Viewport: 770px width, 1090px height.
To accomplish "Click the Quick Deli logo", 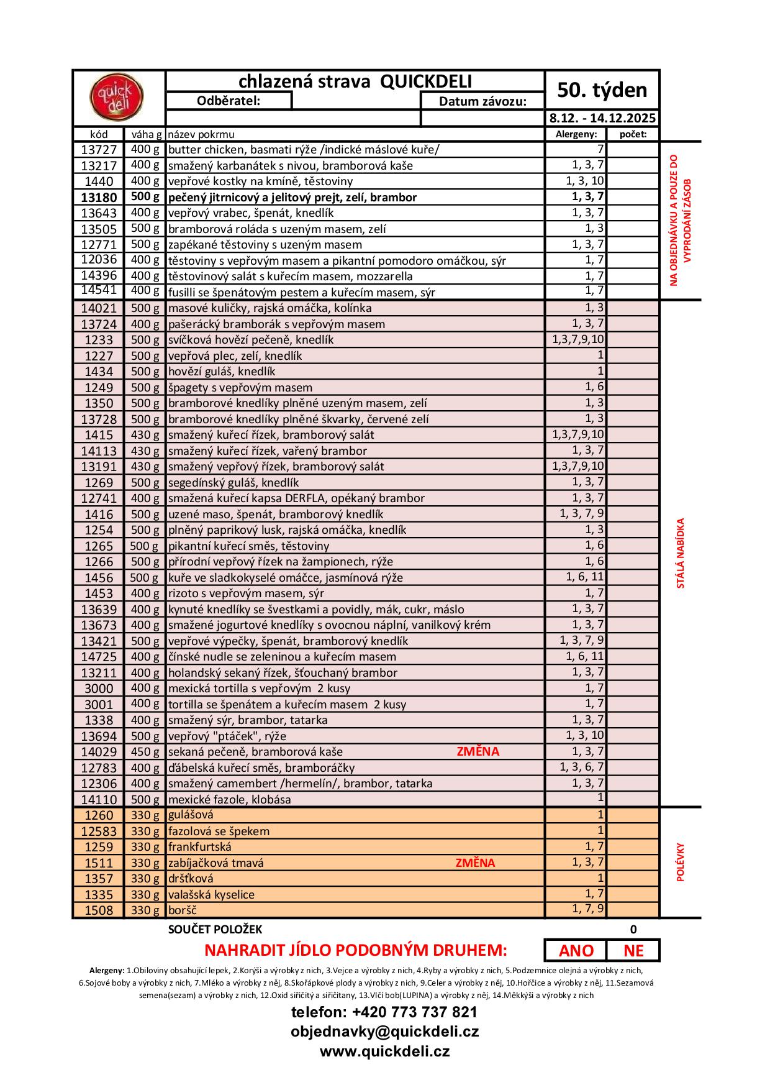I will (x=117, y=98).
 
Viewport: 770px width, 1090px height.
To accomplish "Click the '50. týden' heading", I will (x=602, y=90).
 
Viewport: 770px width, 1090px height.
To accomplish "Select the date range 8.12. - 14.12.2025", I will (x=602, y=118).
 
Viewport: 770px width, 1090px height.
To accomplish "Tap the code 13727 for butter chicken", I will (x=99, y=150).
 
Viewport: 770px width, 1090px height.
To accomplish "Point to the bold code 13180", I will (x=99, y=198).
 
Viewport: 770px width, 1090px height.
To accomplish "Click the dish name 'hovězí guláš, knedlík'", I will (x=222, y=372).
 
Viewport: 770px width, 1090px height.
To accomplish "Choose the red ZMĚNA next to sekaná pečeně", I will (x=478, y=751).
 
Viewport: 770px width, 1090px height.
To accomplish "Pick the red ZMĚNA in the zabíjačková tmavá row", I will (x=475, y=863).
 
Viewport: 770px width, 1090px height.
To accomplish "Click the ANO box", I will (x=576, y=951).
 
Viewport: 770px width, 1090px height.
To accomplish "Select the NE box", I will (x=633, y=951).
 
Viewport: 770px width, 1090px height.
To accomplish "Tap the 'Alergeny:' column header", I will (x=576, y=134).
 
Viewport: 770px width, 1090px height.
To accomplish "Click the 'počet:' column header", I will (x=633, y=134).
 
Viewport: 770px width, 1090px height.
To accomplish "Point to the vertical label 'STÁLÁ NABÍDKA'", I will (x=681, y=553).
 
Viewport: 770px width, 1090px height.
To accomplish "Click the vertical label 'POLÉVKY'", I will (x=681, y=862).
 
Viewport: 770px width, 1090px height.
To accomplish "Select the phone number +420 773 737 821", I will (x=384, y=1012).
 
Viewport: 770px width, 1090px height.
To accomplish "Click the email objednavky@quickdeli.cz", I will (x=384, y=1032).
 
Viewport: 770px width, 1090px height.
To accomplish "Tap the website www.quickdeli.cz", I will (x=384, y=1051).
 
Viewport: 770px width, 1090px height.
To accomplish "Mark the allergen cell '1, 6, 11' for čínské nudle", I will (x=584, y=656).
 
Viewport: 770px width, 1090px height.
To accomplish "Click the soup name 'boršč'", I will (x=182, y=910).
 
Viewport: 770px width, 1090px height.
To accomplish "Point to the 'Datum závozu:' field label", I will (x=482, y=101).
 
